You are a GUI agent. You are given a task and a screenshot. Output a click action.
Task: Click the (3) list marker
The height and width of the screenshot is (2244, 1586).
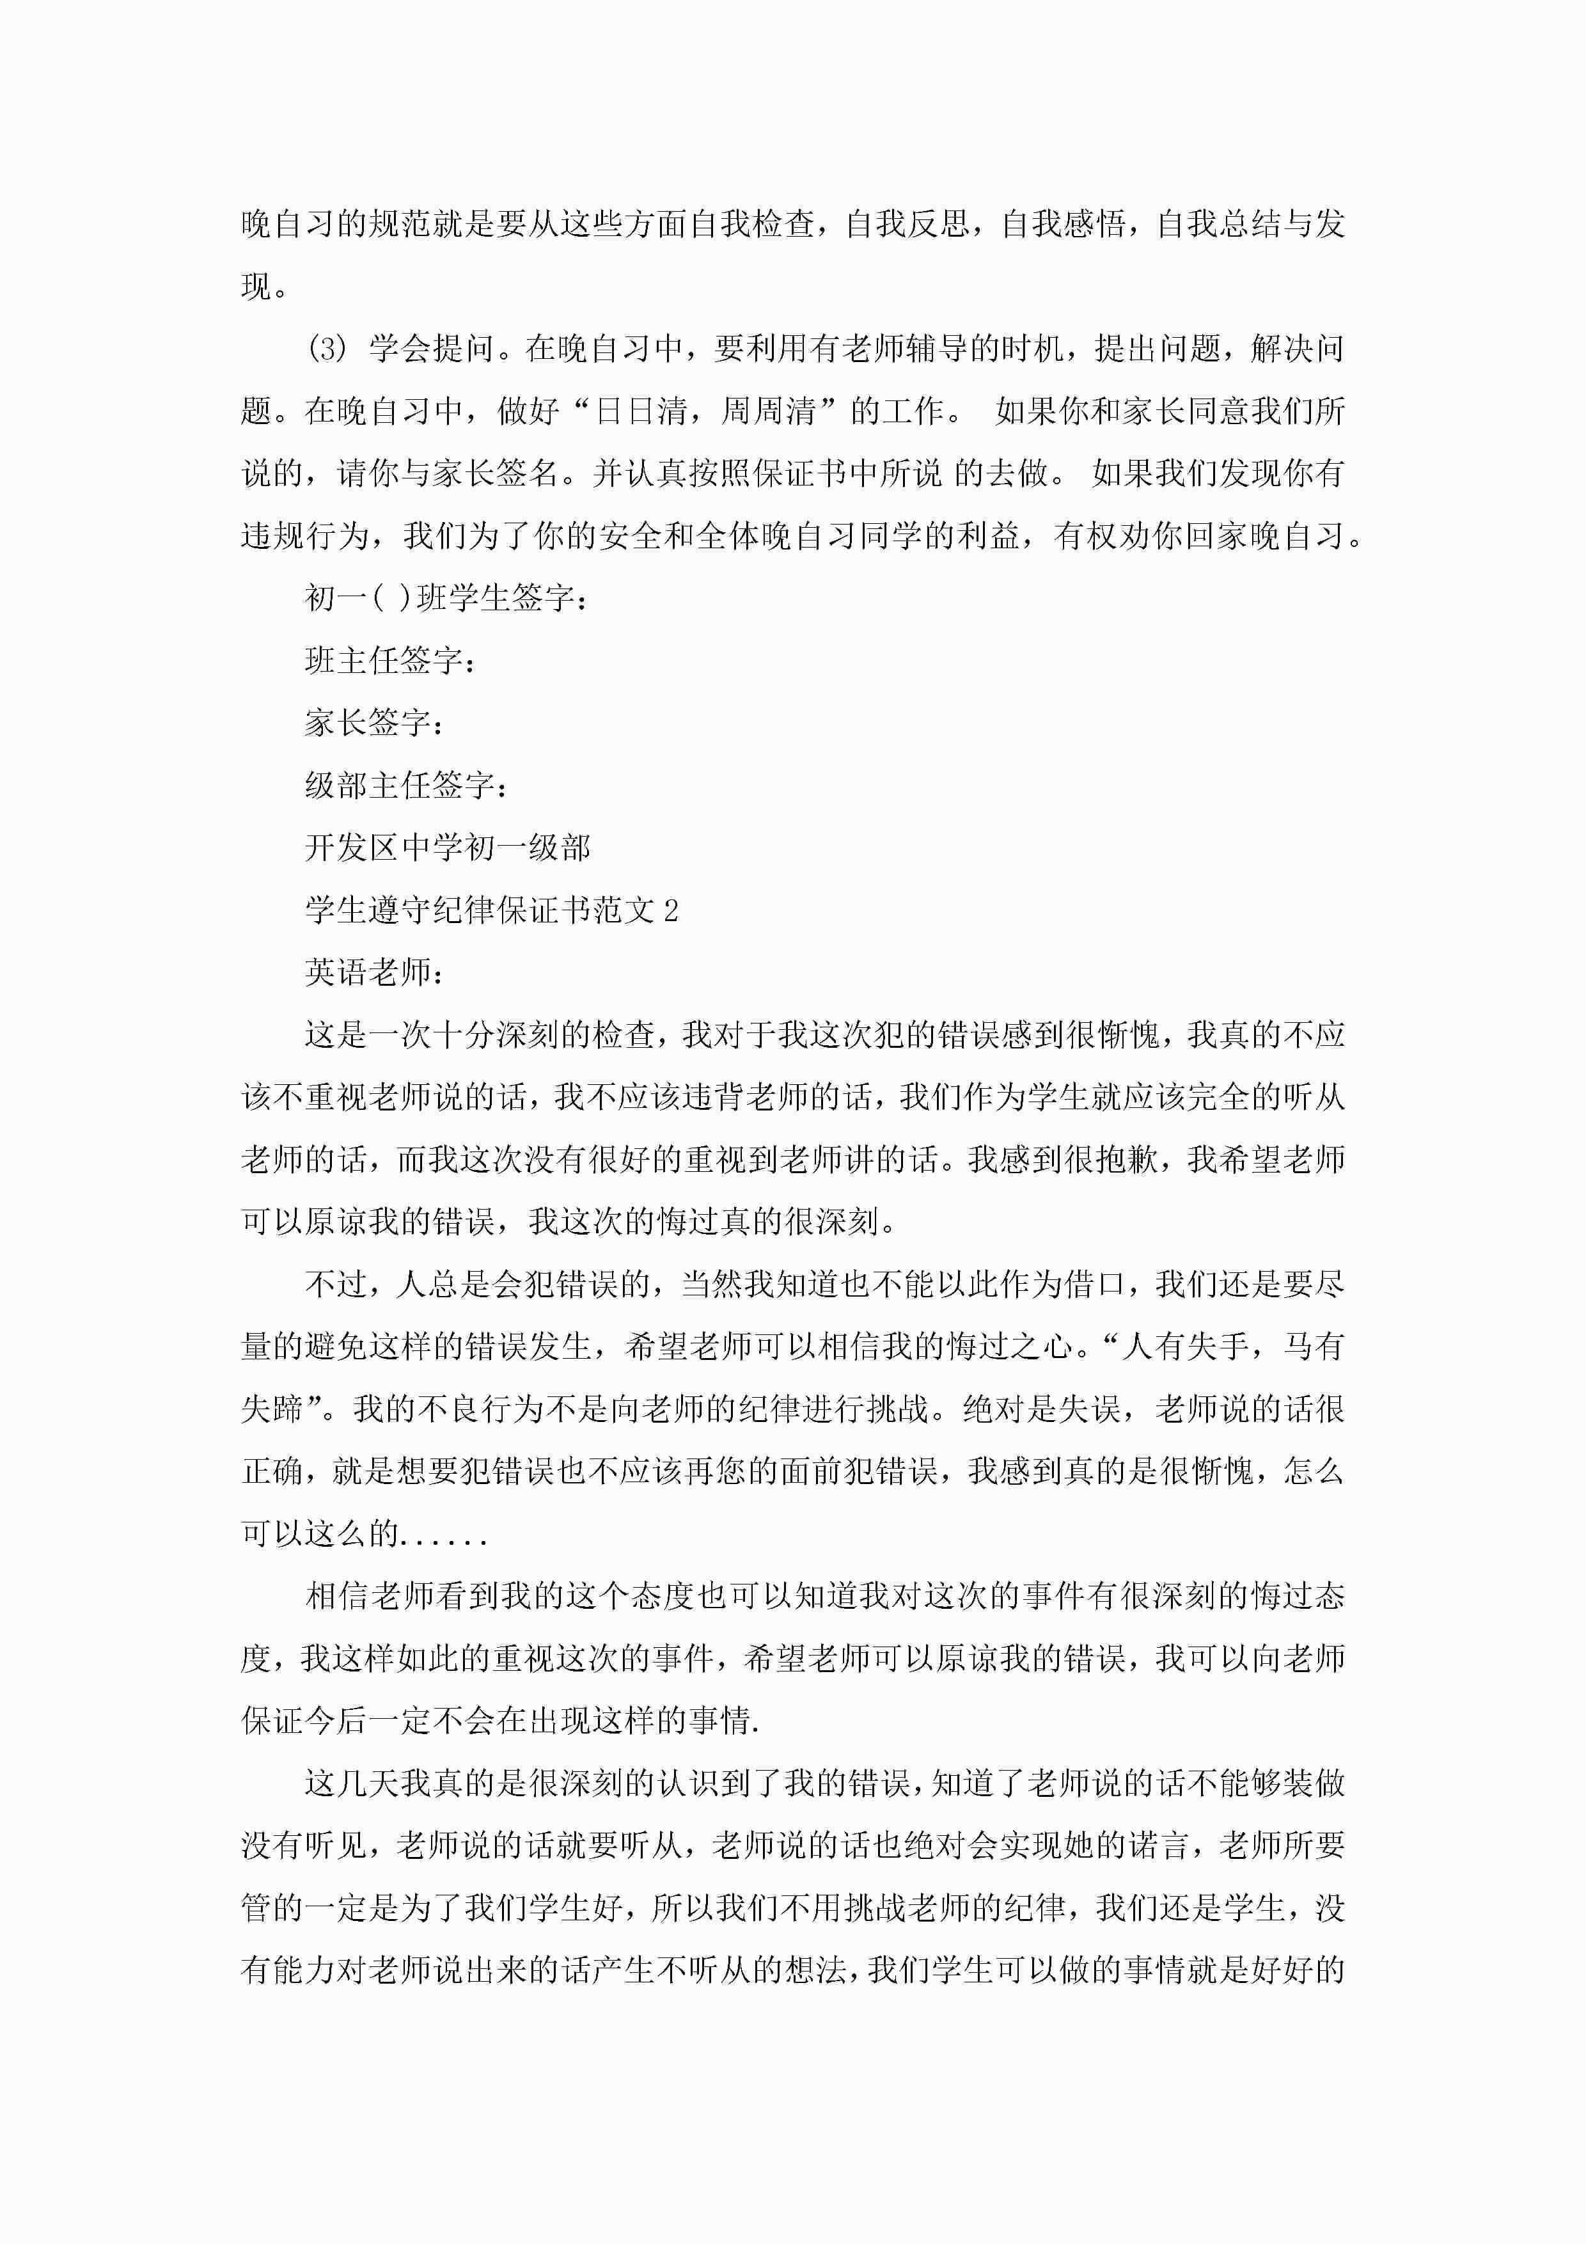tap(327, 348)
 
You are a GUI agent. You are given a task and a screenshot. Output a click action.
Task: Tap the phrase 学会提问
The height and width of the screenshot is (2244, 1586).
tap(431, 348)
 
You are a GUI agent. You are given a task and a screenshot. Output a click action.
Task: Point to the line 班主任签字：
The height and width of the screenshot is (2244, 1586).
tap(391, 661)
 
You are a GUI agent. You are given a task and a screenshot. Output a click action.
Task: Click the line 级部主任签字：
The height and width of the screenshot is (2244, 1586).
tap(407, 786)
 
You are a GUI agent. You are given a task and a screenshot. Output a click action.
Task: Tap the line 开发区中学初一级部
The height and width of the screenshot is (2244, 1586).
tap(448, 848)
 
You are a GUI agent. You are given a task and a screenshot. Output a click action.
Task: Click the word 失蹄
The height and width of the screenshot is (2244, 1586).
tap(272, 1409)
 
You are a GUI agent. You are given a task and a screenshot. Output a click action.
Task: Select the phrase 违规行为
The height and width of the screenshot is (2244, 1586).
tap(305, 535)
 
